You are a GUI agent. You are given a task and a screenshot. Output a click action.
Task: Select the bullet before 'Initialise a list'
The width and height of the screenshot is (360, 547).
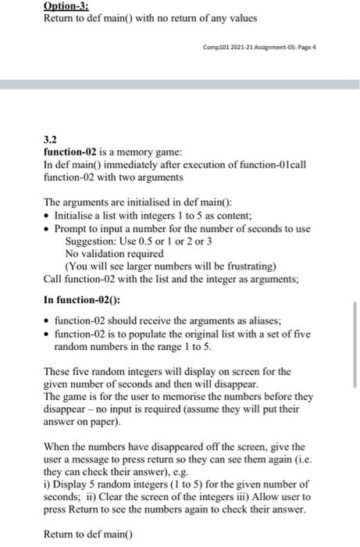(48, 216)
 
